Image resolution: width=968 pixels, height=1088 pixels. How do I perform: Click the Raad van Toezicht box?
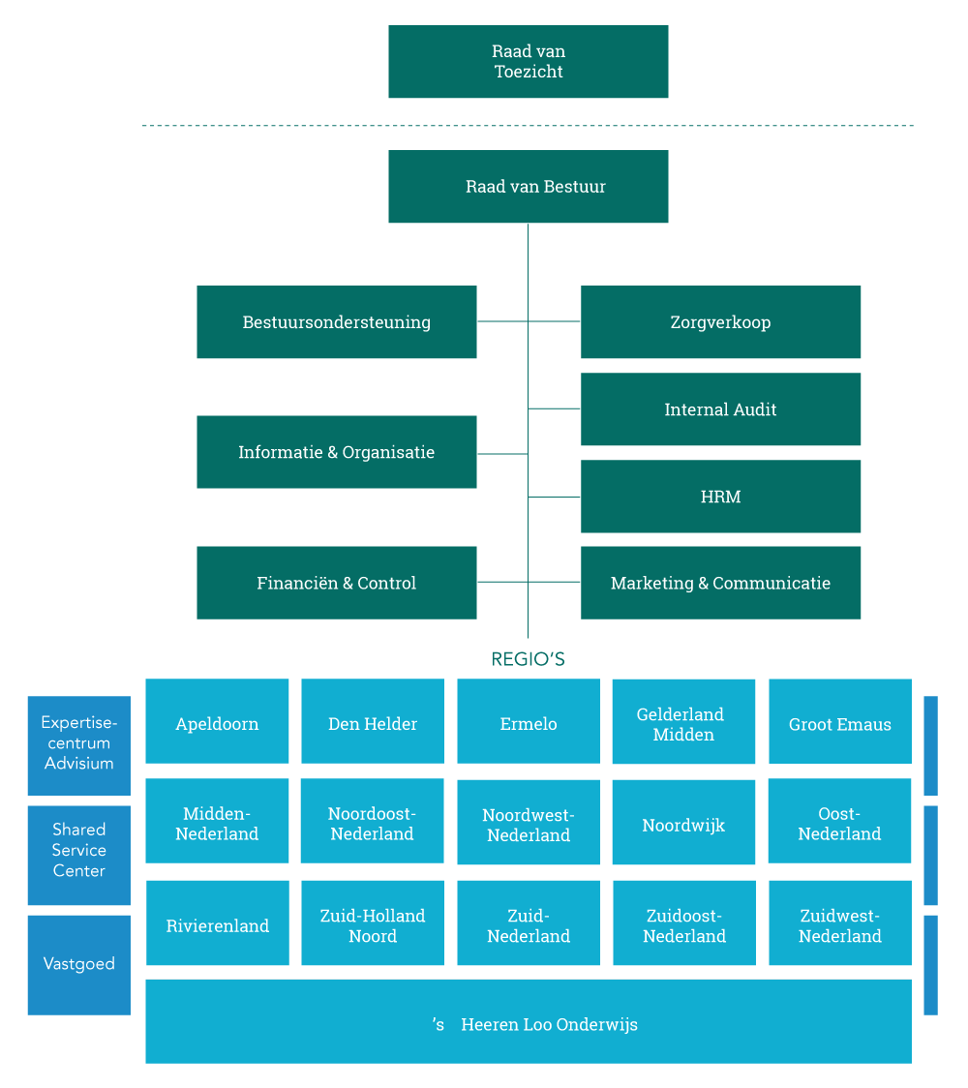coord(528,61)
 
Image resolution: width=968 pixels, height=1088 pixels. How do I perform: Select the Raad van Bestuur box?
coord(528,187)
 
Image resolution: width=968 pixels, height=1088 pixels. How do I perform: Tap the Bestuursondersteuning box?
coord(336,322)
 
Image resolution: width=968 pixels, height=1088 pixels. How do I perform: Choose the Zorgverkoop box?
coord(720,322)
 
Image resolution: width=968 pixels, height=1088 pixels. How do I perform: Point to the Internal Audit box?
coord(720,409)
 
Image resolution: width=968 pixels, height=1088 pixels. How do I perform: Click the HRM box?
coord(720,497)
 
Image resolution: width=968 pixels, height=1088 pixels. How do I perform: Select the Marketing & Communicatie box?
coord(720,583)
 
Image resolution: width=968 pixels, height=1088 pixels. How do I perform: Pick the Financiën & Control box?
coord(336,583)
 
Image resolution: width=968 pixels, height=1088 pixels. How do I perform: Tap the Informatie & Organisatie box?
coord(336,452)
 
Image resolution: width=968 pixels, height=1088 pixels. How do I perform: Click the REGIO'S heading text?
coord(528,659)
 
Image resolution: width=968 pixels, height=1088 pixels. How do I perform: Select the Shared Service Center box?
coord(78,850)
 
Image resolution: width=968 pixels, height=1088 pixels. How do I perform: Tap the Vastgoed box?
coord(78,965)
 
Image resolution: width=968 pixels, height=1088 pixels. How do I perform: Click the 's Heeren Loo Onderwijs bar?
coord(528,1022)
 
